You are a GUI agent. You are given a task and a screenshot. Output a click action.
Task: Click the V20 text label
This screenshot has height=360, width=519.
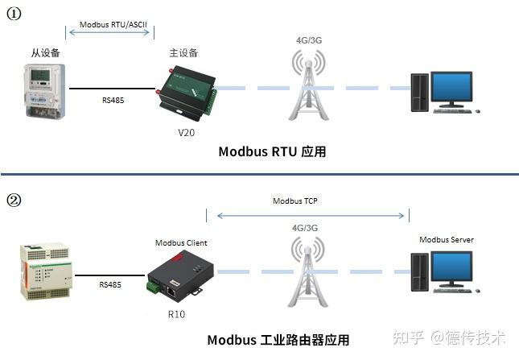pos(186,130)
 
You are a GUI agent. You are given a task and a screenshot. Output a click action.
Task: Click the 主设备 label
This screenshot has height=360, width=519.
pos(183,53)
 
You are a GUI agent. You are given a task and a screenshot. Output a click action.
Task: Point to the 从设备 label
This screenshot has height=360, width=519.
pos(43,53)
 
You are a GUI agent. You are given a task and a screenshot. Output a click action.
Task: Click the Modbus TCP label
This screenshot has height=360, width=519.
pos(295,201)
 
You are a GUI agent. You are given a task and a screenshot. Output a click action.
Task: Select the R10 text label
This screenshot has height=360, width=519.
pos(176,313)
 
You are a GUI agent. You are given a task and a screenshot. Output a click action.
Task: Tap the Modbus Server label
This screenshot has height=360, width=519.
pos(447,240)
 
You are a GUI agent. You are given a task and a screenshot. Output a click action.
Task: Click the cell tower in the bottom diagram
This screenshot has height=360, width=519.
pos(310,274)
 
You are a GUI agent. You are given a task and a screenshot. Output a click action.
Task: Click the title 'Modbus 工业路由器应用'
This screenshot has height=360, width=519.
pos(278,340)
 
